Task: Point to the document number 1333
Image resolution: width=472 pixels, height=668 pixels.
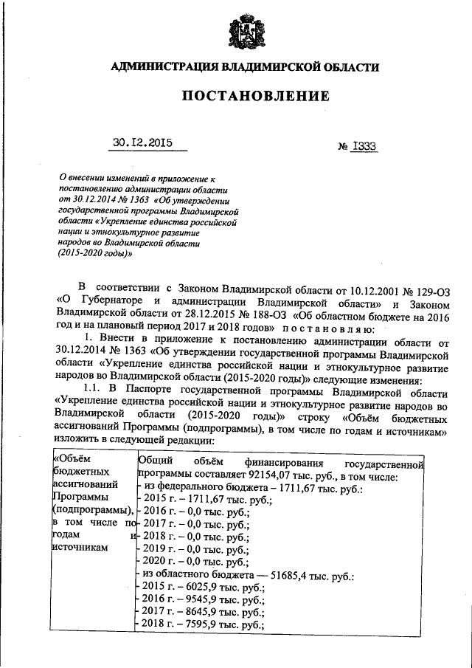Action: tap(364, 146)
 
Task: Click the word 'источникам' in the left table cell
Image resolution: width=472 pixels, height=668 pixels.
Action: tap(81, 547)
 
